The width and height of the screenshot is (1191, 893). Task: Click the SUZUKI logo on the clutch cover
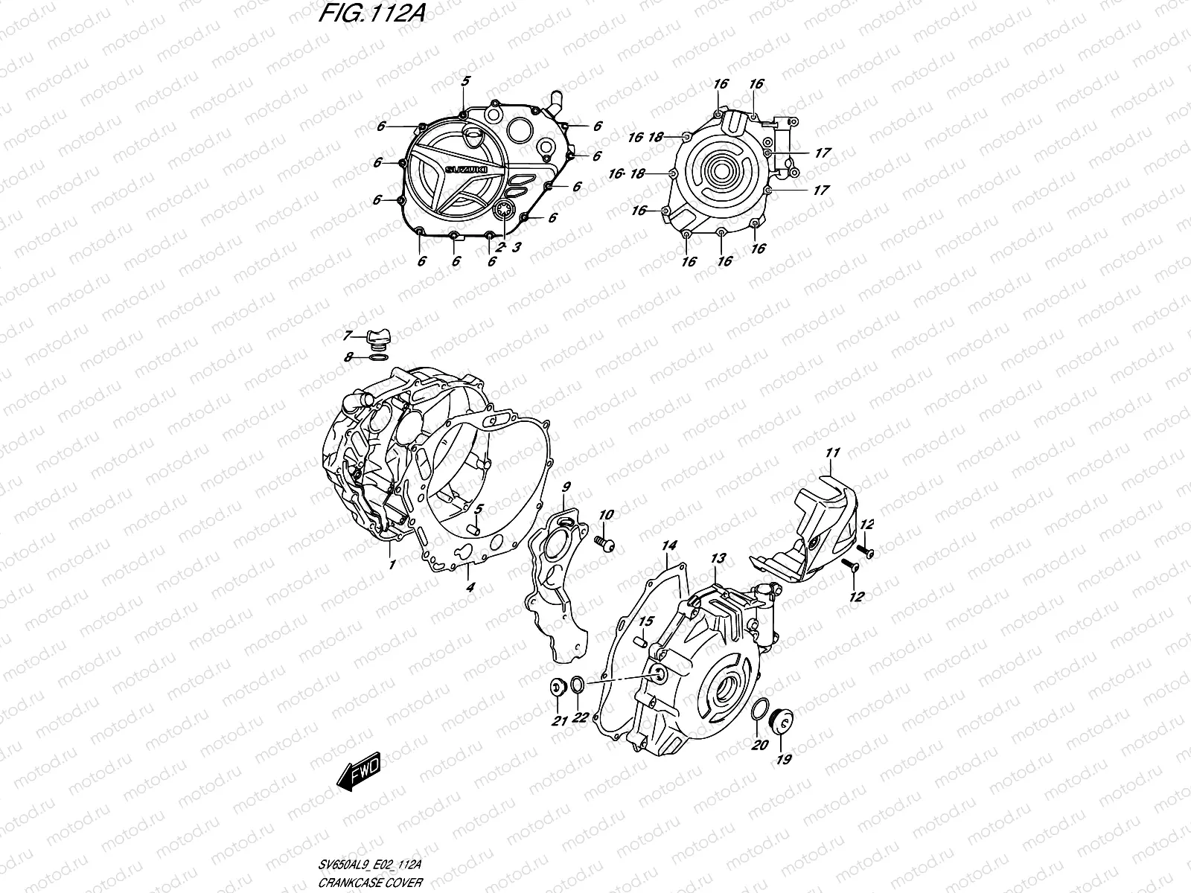click(467, 170)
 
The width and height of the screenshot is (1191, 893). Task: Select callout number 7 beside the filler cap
click(348, 336)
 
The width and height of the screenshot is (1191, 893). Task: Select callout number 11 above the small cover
click(832, 452)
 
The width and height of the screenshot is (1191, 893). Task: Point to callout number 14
click(669, 546)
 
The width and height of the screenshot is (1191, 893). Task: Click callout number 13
click(717, 558)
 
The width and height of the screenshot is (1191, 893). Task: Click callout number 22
click(581, 717)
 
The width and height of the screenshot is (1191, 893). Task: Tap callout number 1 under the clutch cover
click(392, 565)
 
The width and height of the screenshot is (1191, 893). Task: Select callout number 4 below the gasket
click(470, 587)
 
